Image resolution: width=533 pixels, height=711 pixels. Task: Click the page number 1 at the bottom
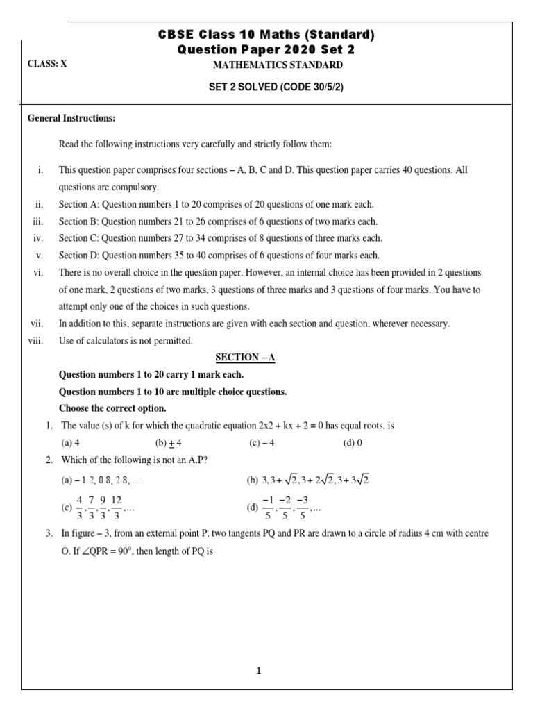coord(259,671)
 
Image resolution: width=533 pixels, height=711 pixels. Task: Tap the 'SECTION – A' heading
coord(245,357)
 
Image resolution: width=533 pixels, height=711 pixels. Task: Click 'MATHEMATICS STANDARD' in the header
coord(277,65)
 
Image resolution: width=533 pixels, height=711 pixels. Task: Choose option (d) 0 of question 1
coord(353,442)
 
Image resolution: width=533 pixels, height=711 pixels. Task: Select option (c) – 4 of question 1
coord(262,442)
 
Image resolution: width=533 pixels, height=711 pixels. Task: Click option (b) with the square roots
coord(307,480)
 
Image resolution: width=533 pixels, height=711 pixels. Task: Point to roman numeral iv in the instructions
coord(39,238)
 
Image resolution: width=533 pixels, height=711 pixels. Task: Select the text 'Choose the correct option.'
coord(112,408)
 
